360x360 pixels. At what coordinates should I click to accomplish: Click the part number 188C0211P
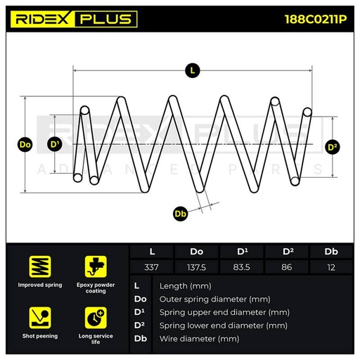pyautogui.click(x=316, y=19)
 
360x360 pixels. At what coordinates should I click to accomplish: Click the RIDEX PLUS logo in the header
pyautogui.click(x=74, y=19)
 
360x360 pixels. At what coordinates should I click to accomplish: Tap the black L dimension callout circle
pyautogui.click(x=193, y=70)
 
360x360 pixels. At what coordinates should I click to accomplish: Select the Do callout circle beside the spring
pyautogui.click(x=25, y=145)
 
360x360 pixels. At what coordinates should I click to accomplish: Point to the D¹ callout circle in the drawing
pyautogui.click(x=55, y=144)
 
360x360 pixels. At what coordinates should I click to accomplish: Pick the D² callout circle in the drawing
pyautogui.click(x=333, y=147)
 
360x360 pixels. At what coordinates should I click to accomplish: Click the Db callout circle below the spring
pyautogui.click(x=180, y=214)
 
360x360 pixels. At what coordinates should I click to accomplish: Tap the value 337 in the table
pyautogui.click(x=151, y=267)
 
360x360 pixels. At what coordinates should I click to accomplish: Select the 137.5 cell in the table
pyautogui.click(x=196, y=267)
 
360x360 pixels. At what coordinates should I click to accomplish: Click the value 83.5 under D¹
pyautogui.click(x=242, y=267)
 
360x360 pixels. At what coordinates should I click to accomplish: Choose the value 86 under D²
pyautogui.click(x=287, y=267)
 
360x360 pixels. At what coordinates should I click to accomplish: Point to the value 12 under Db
pyautogui.click(x=331, y=267)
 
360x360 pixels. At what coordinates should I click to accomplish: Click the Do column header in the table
pyautogui.click(x=196, y=252)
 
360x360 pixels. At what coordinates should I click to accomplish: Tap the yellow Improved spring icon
pyautogui.click(x=40, y=266)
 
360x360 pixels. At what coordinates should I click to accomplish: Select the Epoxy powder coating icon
pyautogui.click(x=96, y=266)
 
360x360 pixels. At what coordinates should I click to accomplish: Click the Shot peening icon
pyautogui.click(x=40, y=318)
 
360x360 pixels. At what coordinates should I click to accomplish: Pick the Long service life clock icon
pyautogui.click(x=96, y=318)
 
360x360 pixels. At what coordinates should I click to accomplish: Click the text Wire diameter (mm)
pyautogui.click(x=199, y=339)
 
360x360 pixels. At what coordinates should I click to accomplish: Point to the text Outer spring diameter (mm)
pyautogui.click(x=214, y=300)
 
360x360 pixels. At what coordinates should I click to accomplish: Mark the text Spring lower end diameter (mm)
pyautogui.click(x=224, y=326)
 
